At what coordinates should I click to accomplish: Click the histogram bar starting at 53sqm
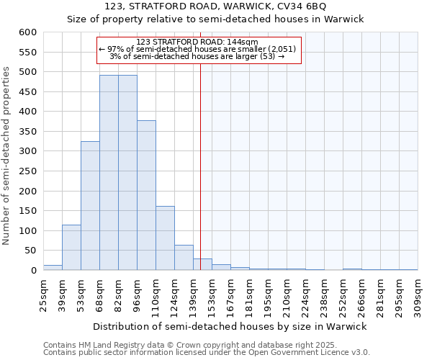pyautogui.click(x=90, y=206)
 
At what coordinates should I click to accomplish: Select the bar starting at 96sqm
pyautogui.click(x=146, y=195)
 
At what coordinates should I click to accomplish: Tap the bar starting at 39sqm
pyautogui.click(x=71, y=248)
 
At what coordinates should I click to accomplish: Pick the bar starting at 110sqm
pyautogui.click(x=165, y=238)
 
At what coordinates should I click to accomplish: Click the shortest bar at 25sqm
pyautogui.click(x=53, y=268)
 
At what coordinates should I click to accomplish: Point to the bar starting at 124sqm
pyautogui.click(x=184, y=258)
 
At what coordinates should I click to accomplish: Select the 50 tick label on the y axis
pyautogui.click(x=30, y=251)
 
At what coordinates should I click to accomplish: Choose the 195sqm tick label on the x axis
pyautogui.click(x=268, y=295)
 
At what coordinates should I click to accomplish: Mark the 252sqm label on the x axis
pyautogui.click(x=343, y=295)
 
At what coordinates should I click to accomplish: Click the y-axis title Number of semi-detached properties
pyautogui.click(x=7, y=156)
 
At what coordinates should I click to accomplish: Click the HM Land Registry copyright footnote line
pyautogui.click(x=180, y=345)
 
